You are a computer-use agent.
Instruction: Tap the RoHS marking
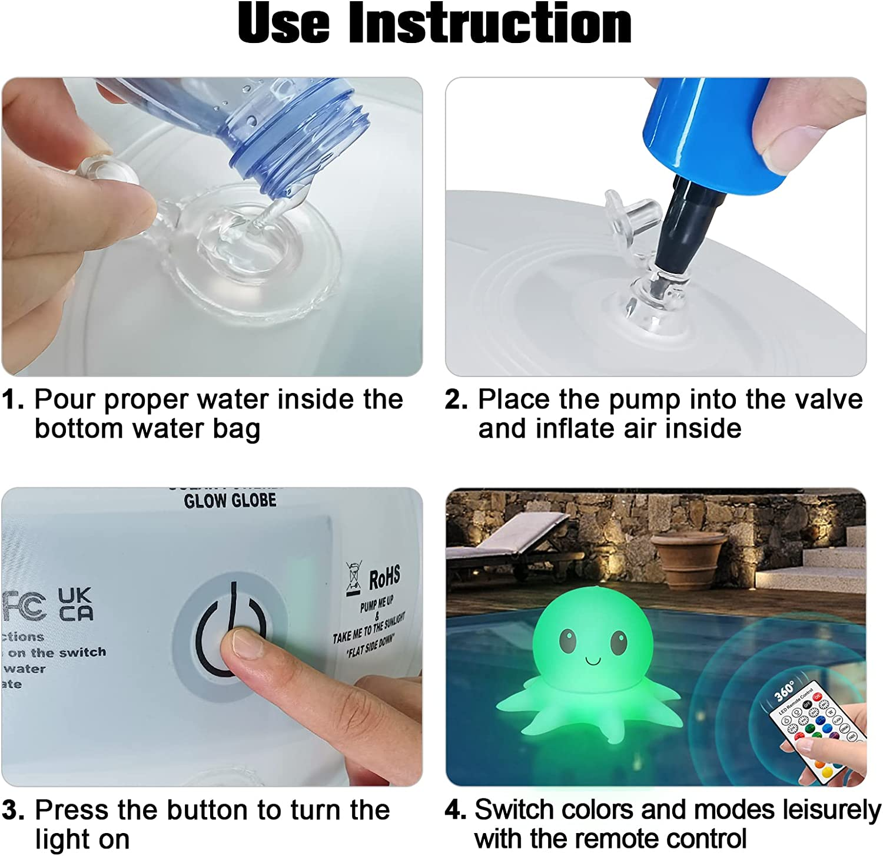click(384, 578)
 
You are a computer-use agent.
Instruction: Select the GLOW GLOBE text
click(230, 501)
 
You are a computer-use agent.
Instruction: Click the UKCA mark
click(75, 604)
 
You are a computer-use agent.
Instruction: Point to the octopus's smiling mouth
click(593, 660)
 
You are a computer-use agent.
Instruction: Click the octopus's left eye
click(567, 640)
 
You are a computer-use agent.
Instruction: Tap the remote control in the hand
click(818, 731)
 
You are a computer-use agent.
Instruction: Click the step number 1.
click(12, 400)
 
